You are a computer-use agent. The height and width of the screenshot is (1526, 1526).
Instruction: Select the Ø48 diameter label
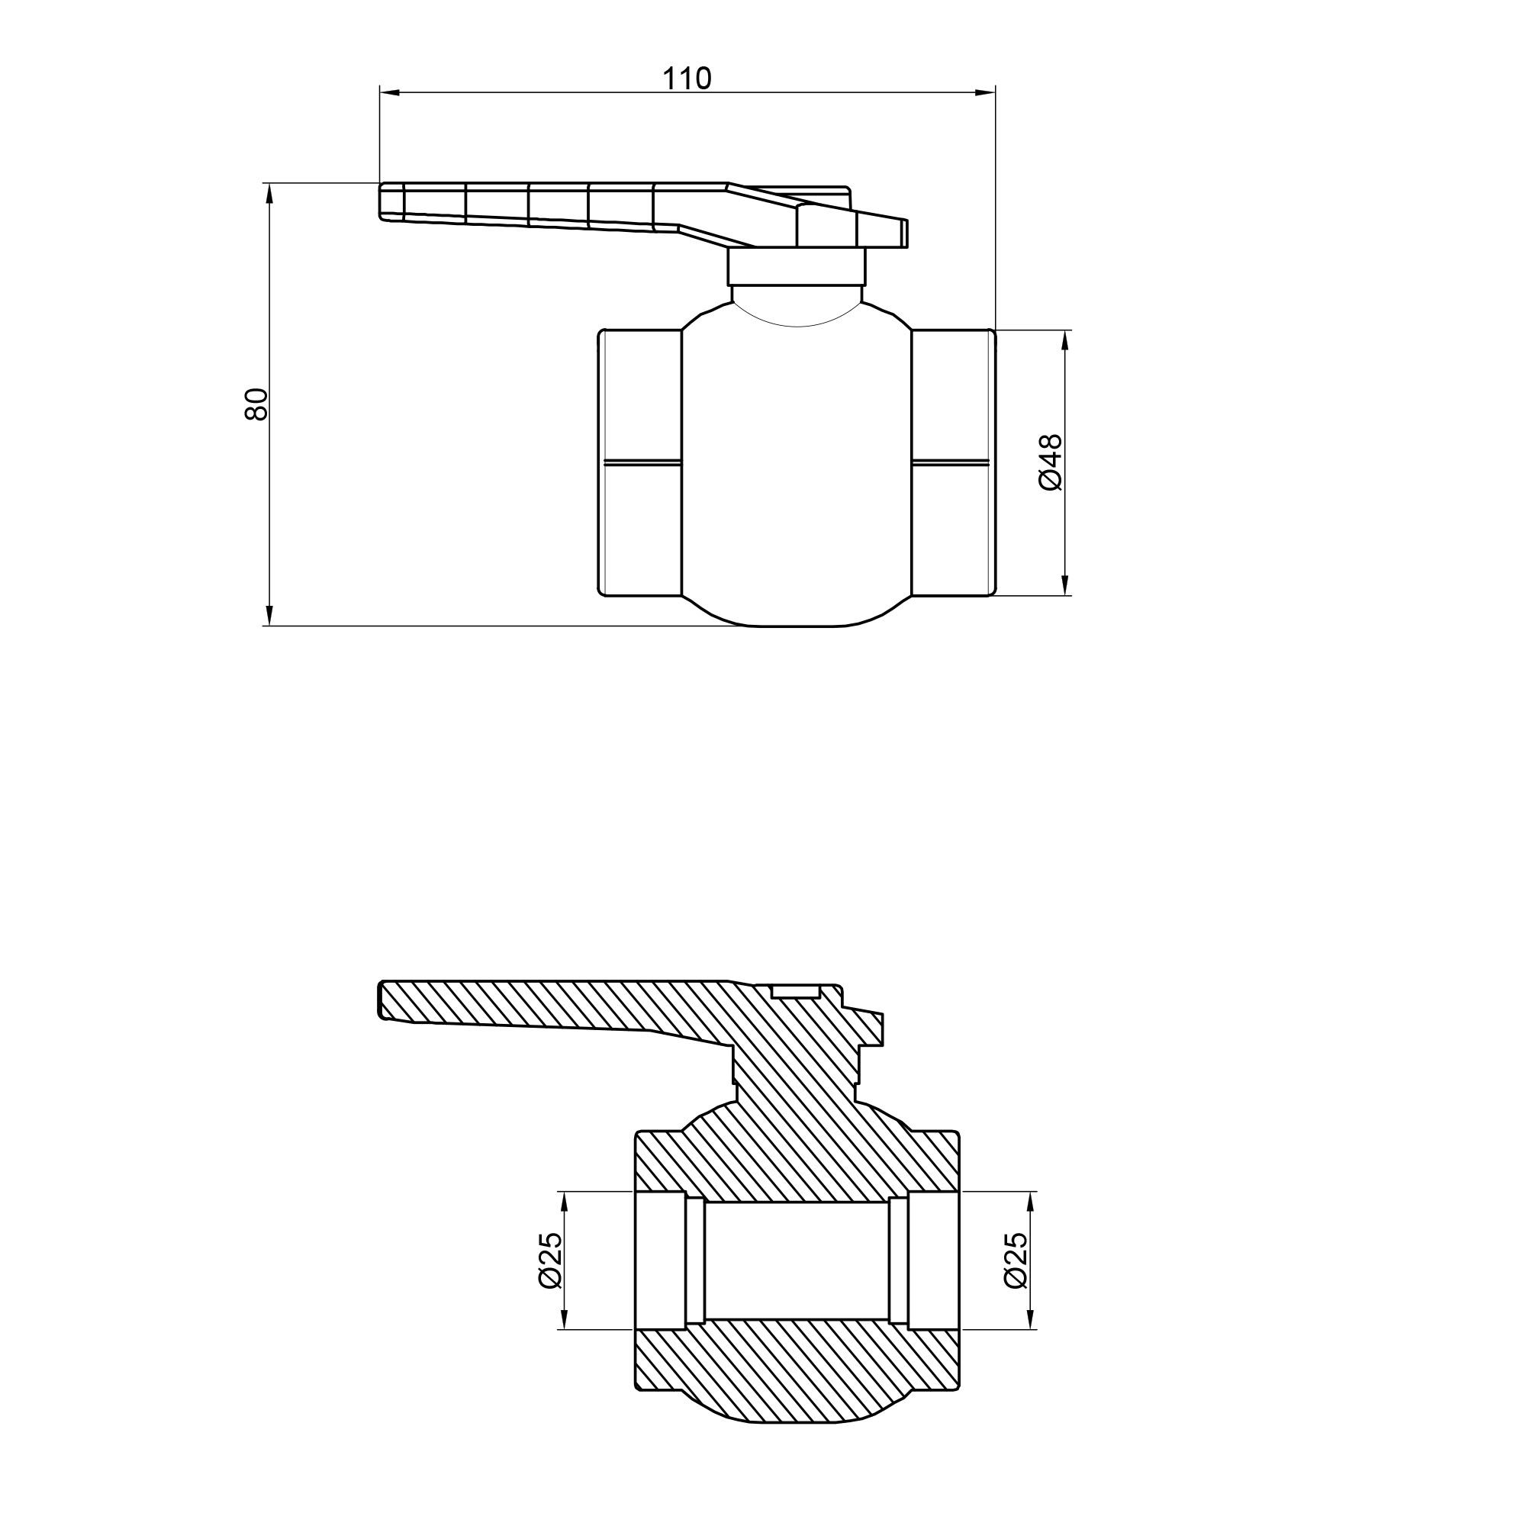point(1051,463)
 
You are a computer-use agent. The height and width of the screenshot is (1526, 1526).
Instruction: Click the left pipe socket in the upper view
point(641,462)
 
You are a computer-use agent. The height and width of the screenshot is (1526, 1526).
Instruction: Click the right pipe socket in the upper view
point(952,462)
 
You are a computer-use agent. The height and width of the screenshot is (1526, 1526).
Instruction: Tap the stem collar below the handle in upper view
point(796,268)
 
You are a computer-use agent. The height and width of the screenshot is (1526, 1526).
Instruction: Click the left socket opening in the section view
point(660,1261)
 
